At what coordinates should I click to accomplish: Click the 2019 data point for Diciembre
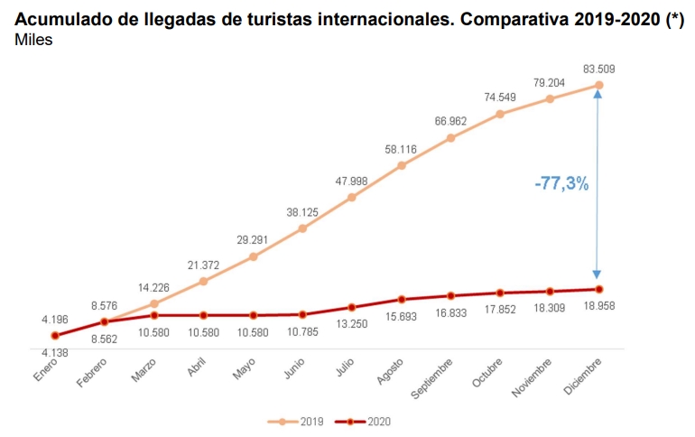pyautogui.click(x=598, y=86)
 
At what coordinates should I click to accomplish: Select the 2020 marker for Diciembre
pyautogui.click(x=598, y=289)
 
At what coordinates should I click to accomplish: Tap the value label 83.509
pyautogui.click(x=600, y=69)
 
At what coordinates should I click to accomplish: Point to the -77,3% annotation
pyautogui.click(x=561, y=183)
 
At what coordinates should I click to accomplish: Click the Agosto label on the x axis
pyautogui.click(x=390, y=370)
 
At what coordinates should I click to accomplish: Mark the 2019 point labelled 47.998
pyautogui.click(x=352, y=197)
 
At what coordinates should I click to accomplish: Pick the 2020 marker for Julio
pyautogui.click(x=352, y=307)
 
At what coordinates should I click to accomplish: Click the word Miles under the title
pyautogui.click(x=33, y=41)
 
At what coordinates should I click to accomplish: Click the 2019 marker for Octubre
pyautogui.click(x=500, y=114)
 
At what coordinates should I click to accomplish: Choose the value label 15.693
pyautogui.click(x=402, y=317)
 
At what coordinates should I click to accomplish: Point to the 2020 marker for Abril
pyautogui.click(x=204, y=315)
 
